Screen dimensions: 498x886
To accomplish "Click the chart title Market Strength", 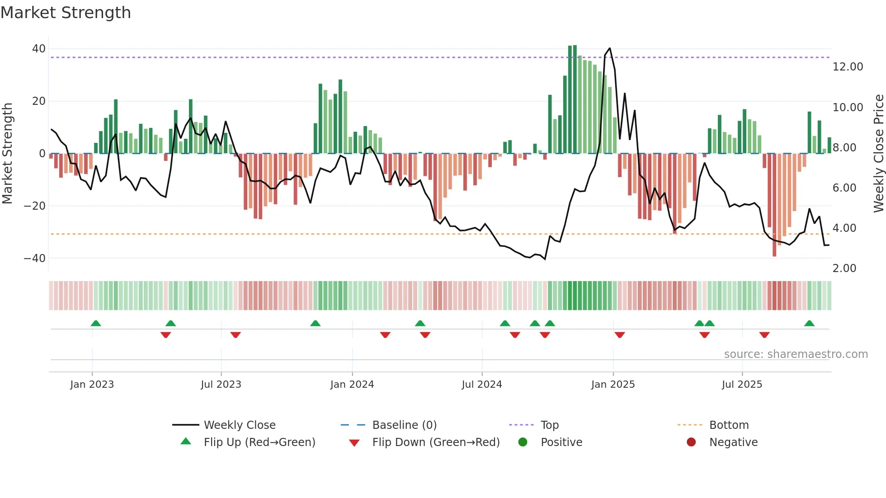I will pos(66,13).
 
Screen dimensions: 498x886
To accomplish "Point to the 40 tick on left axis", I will pos(38,49).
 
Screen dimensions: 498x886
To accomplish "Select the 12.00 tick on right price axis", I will pos(848,67).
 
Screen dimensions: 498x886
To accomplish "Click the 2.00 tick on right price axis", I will pos(844,268).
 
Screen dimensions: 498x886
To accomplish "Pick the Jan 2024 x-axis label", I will pos(352,385).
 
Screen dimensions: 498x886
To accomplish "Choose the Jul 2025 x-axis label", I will pos(742,385).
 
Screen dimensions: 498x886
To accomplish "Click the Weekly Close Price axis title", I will pos(878,154).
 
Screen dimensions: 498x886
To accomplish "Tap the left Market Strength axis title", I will pos(8,154).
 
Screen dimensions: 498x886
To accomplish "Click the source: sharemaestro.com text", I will pos(796,354).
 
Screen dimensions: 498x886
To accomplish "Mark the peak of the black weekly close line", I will pos(610,48).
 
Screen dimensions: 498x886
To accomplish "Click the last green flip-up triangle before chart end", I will pos(809,324).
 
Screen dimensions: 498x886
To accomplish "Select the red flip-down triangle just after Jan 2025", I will pos(620,335).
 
